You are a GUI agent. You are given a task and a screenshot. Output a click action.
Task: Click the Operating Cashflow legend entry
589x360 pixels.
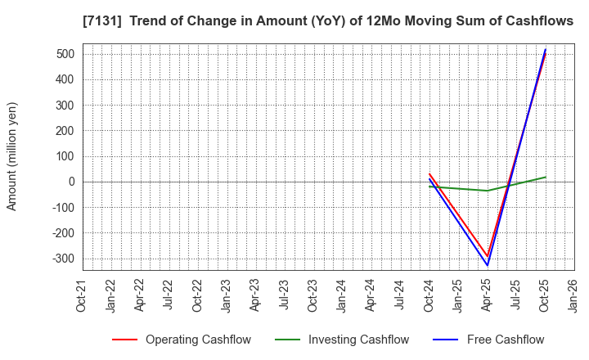pos(198,340)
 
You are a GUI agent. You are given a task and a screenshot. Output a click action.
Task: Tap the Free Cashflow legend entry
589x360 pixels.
pos(505,340)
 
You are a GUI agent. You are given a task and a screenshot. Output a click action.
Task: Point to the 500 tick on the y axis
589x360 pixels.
pos(65,54)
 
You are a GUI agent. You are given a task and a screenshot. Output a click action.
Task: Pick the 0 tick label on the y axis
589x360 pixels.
pos(72,182)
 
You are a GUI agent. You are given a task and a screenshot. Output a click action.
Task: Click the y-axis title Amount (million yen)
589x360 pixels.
pos(12,156)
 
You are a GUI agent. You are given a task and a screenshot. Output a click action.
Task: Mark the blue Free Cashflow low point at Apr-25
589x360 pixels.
pos(488,265)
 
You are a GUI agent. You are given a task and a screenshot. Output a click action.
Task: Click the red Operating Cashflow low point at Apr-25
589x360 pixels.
pos(488,256)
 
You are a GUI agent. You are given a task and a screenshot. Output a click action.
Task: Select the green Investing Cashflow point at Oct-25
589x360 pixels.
pos(546,177)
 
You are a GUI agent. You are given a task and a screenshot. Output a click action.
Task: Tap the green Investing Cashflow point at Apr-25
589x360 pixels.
pos(488,191)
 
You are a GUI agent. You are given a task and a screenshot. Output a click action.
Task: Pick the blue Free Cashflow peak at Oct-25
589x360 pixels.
pos(546,49)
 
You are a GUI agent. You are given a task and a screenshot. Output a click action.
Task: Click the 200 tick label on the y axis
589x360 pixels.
pos(65,131)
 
